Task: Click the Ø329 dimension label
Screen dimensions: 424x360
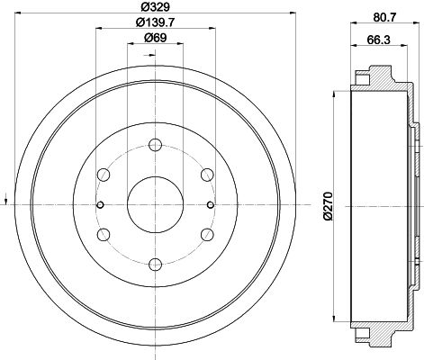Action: [155, 6]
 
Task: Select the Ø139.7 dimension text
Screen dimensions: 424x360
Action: [155, 22]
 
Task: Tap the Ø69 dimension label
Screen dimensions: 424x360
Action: [155, 38]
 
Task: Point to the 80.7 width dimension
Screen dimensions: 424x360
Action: [385, 17]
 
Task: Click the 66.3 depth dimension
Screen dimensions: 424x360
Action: [378, 40]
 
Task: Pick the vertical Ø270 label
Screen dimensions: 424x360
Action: [329, 206]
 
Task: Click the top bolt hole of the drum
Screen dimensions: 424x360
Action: [156, 145]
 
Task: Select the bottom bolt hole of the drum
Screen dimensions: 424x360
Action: [156, 265]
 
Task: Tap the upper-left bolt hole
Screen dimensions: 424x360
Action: [104, 175]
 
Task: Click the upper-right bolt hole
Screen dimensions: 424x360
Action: [207, 175]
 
